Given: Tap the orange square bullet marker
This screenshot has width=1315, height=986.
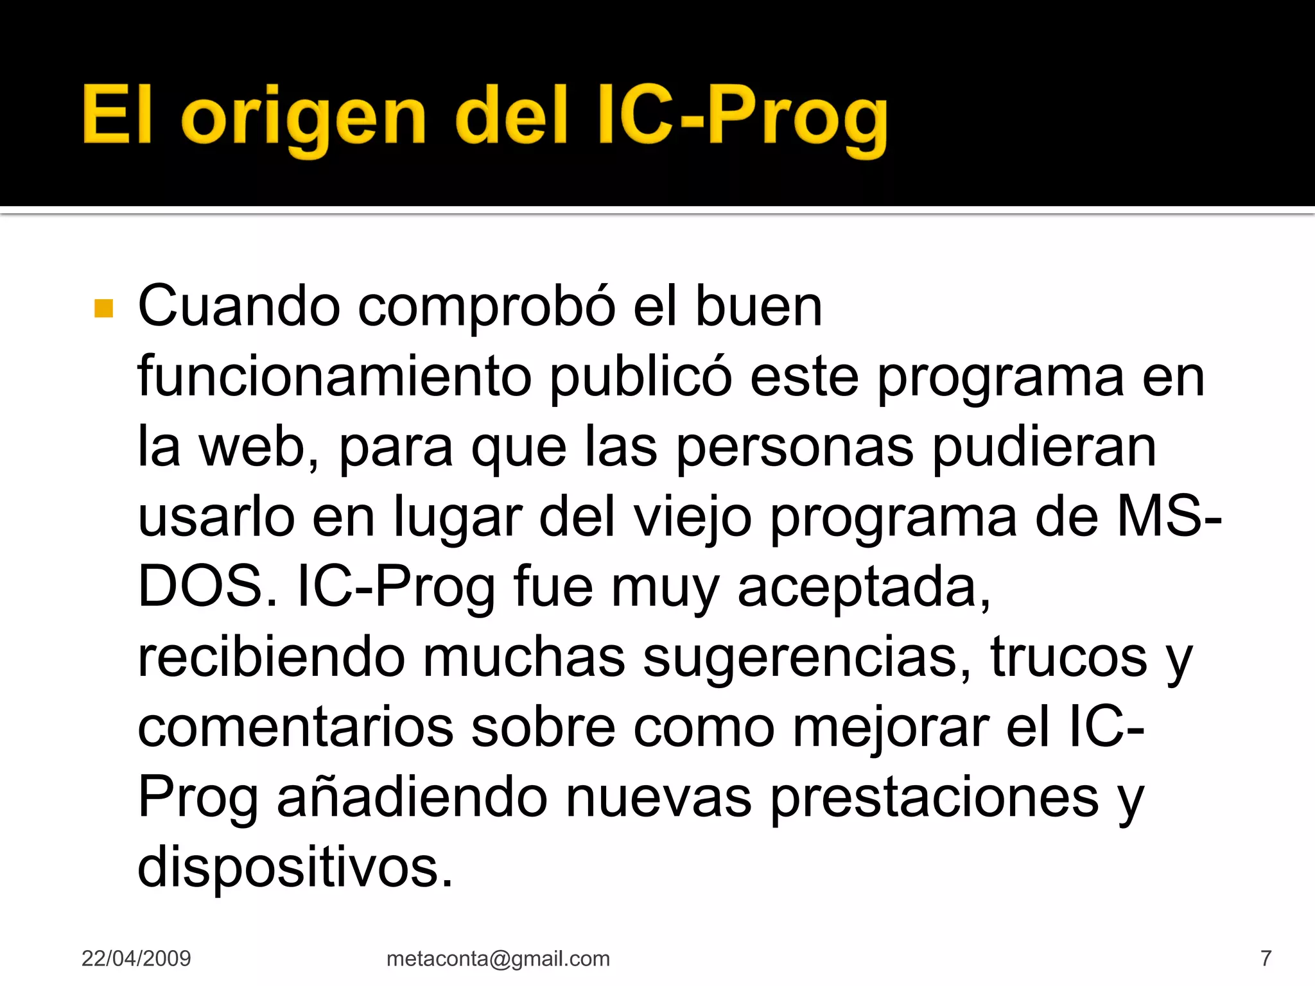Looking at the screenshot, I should pos(103,309).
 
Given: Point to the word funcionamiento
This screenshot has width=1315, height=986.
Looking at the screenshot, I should pos(334,377).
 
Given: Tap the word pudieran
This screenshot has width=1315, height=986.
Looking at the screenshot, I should pos(1044,447).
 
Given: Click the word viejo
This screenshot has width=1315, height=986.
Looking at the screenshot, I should pos(693,519).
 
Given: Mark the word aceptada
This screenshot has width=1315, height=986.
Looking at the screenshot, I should pos(864,587).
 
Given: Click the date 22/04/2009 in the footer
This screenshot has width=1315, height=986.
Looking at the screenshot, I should pos(136,958).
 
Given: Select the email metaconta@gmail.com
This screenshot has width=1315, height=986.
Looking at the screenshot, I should pos(498,958).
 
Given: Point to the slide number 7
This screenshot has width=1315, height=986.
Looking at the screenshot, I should pos(1266,958).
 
